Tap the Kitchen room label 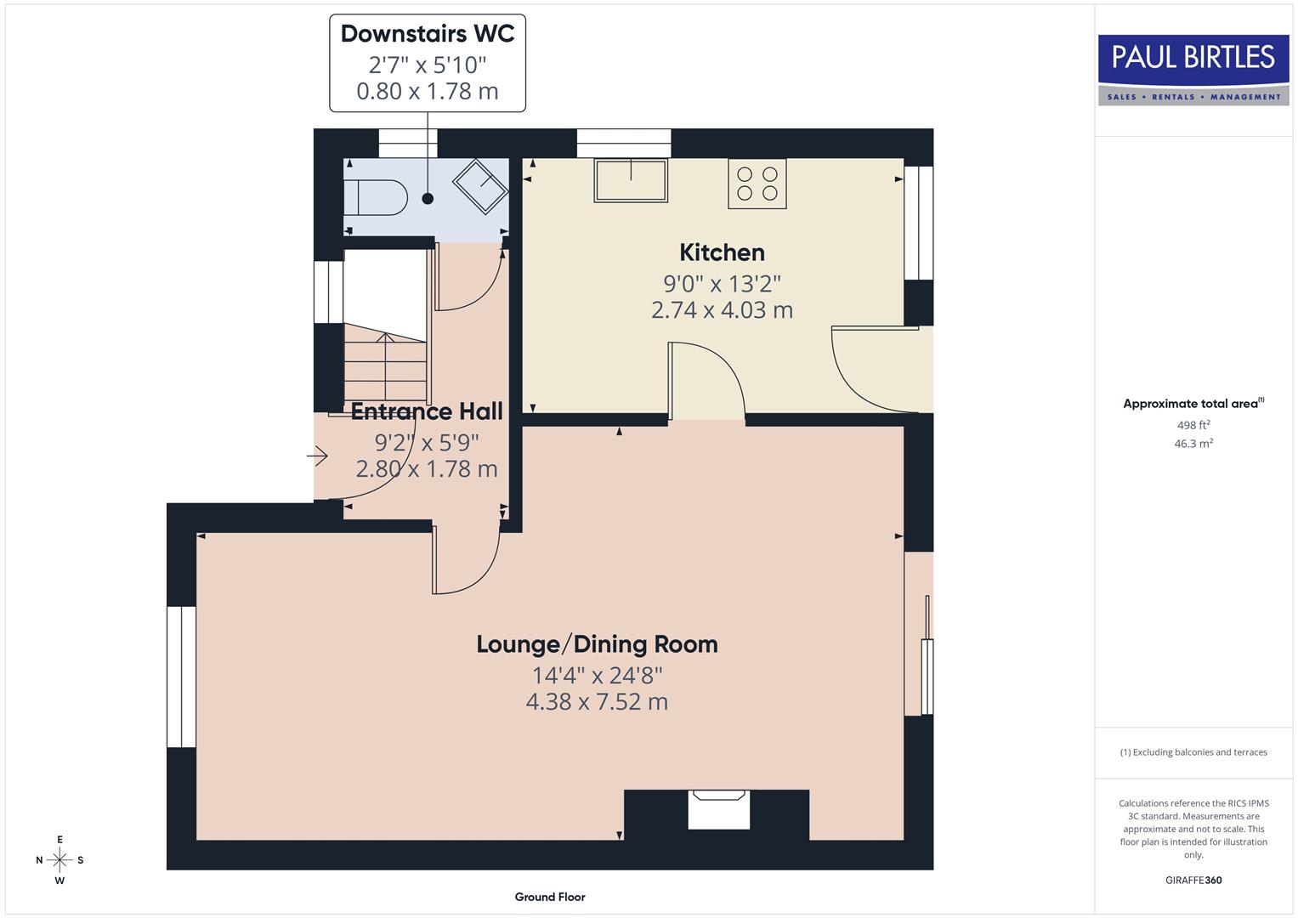[722, 252]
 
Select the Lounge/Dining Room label [597, 644]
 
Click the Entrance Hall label [427, 411]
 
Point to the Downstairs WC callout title [428, 34]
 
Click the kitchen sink [631, 180]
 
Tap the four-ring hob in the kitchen [757, 184]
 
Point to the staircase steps [385, 366]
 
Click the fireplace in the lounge [718, 809]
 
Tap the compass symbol [60, 860]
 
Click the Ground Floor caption [550, 897]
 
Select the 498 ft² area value [1193, 425]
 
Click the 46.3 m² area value [1193, 444]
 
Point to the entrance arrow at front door [318, 457]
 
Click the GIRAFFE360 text [1193, 880]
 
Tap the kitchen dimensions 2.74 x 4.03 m [722, 310]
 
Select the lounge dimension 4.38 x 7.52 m [597, 702]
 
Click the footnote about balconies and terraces [1193, 752]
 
